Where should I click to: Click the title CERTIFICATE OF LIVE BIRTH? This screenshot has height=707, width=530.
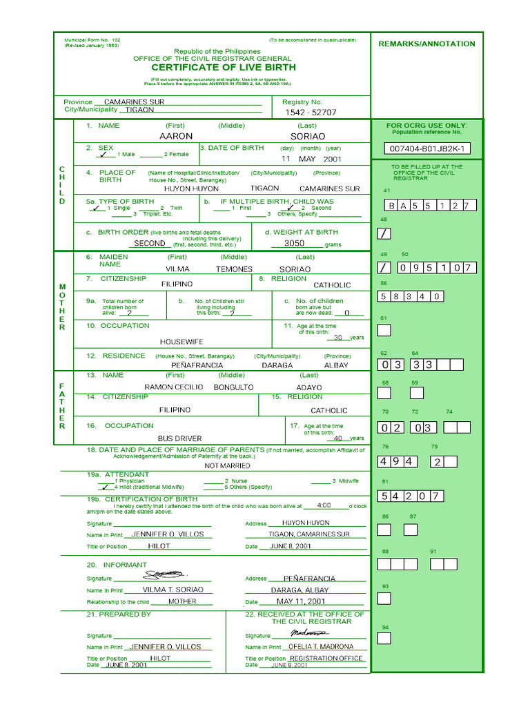tap(224, 68)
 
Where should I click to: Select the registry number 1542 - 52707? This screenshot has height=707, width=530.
tap(311, 112)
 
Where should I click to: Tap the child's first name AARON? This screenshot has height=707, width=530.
tap(176, 137)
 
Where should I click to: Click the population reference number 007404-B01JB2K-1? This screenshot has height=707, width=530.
tap(428, 148)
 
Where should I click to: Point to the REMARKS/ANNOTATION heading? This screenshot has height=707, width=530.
tap(426, 44)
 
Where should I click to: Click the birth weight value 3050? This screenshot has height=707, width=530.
tap(295, 244)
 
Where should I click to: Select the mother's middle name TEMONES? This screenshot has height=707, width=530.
tap(234, 269)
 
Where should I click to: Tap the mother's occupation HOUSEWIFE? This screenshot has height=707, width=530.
tap(182, 342)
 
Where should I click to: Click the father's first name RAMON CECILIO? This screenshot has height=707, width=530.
tap(173, 387)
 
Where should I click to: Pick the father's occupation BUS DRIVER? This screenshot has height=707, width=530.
tap(179, 438)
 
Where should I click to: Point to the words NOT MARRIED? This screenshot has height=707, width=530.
tap(227, 466)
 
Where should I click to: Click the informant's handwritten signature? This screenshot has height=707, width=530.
tap(164, 574)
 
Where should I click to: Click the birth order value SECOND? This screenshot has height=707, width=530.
tap(150, 244)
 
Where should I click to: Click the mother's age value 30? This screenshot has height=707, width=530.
tap(338, 338)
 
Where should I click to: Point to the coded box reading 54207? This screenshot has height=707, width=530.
tap(410, 496)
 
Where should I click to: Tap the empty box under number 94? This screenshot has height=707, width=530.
tap(384, 639)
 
